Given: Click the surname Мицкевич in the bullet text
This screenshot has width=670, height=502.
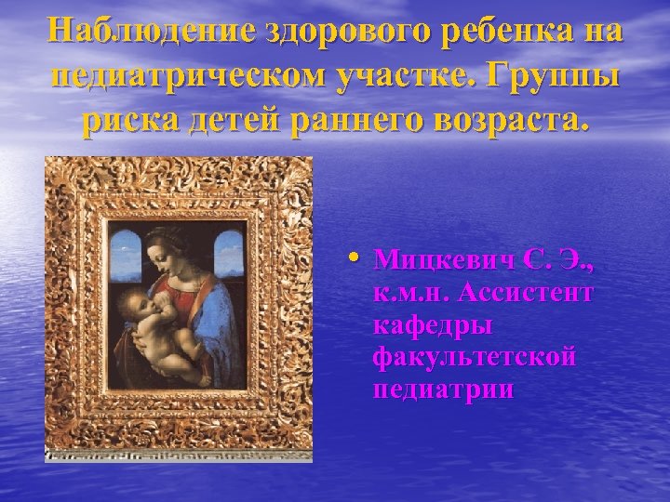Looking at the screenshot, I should pyautogui.click(x=449, y=261).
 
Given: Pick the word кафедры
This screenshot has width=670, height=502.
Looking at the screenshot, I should pyautogui.click(x=432, y=325).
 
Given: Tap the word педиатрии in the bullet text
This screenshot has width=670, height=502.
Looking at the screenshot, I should pyautogui.click(x=443, y=389).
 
